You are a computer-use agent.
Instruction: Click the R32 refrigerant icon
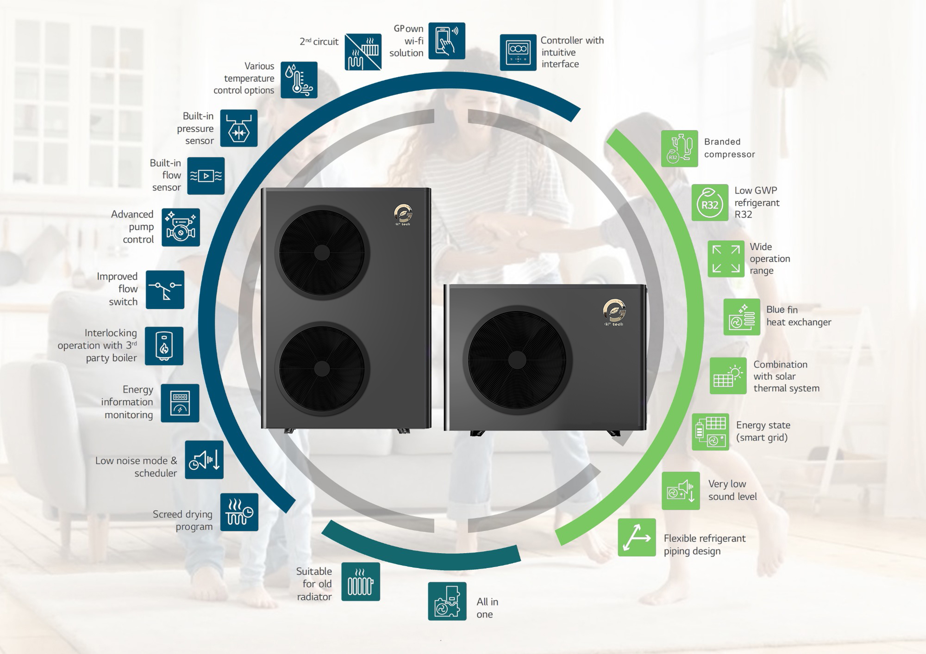point(710,203)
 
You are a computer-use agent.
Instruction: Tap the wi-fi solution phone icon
point(446,41)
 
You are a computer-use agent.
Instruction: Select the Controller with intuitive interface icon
point(518,52)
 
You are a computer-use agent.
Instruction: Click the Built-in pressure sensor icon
point(238,128)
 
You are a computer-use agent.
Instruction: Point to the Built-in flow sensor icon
point(206,176)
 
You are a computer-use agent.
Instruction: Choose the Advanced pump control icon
point(181,227)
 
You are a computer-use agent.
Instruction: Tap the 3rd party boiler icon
point(164,346)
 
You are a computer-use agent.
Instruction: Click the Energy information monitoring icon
point(180,403)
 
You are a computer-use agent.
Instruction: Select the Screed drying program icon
point(239,512)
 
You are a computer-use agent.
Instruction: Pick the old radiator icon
point(360,582)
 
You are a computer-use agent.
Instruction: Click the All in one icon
point(447,601)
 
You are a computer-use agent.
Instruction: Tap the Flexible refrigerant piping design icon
point(637,537)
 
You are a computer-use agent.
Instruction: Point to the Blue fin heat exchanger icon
point(742,317)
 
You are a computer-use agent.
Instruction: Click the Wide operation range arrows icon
point(726,259)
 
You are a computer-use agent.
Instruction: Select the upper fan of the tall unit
point(321,253)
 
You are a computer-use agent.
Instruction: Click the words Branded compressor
point(729,148)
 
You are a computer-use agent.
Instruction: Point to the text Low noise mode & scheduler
point(136,467)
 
